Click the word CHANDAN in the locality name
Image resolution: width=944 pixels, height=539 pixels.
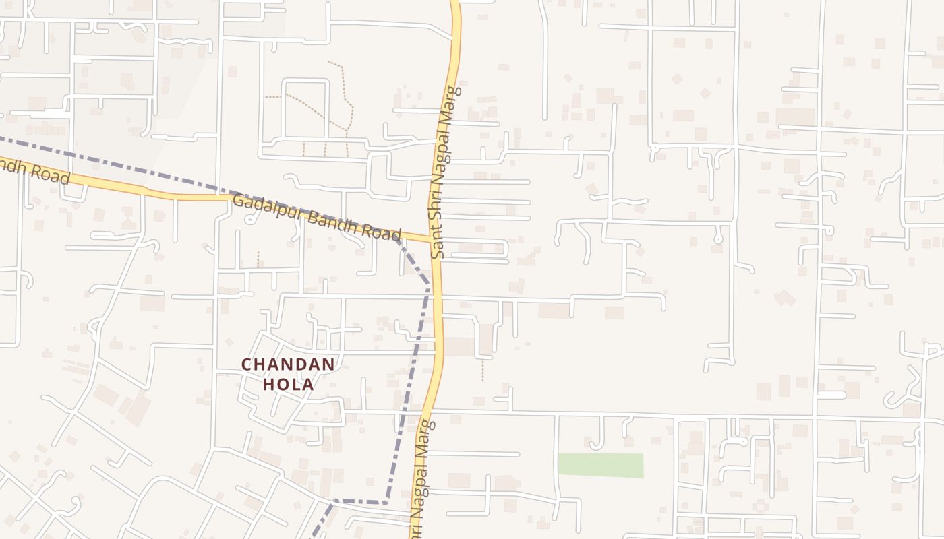(x=288, y=364)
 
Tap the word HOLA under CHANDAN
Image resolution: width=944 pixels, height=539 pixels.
(x=288, y=384)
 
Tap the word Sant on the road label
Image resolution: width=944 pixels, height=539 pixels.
(x=438, y=241)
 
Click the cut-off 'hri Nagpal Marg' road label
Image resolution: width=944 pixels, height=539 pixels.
(x=423, y=478)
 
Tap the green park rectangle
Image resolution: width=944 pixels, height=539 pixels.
(x=600, y=466)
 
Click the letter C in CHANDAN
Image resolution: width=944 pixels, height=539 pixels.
(x=247, y=364)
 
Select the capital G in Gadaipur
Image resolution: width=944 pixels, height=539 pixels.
(x=237, y=201)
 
